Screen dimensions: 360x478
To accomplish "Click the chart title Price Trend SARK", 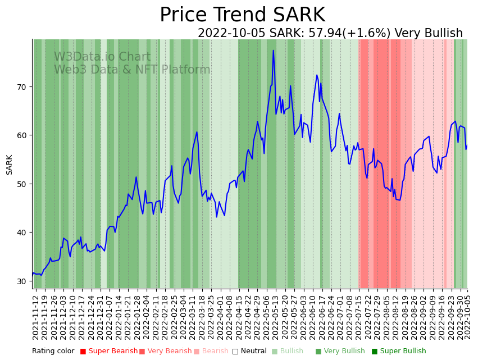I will click(x=242, y=15).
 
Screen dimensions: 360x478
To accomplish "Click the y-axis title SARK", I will click(x=10, y=165).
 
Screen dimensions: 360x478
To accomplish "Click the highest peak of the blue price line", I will click(x=274, y=51).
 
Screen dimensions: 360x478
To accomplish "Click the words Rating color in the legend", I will click(x=53, y=352).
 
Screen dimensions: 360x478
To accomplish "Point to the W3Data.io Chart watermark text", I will click(x=102, y=57).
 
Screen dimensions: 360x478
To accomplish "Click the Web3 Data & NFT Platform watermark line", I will click(x=132, y=70).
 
